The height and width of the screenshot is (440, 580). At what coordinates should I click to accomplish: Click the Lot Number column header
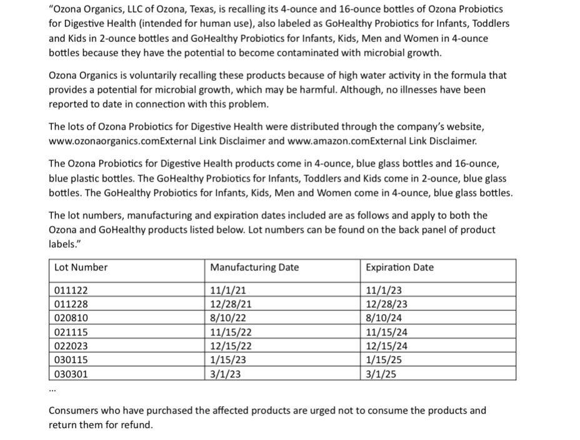81,267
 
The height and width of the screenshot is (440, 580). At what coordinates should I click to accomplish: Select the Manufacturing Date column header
254,267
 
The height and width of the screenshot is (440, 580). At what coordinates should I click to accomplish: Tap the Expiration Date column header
399,267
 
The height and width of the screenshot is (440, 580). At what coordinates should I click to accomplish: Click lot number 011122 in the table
71,290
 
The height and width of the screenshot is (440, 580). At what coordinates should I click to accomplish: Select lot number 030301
71,375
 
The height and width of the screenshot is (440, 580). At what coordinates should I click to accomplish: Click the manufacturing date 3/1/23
226,375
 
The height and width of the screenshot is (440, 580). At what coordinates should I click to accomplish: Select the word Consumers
74,411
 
